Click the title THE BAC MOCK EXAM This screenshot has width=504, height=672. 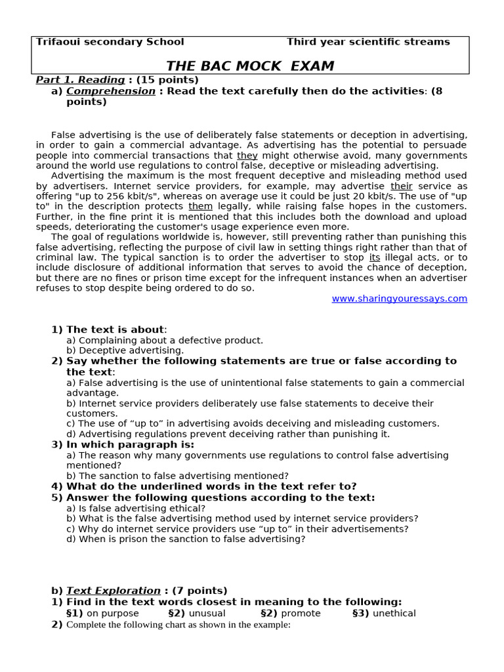click(x=250, y=66)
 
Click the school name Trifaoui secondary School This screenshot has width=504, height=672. click(x=110, y=42)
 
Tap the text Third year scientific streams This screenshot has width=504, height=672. click(x=368, y=42)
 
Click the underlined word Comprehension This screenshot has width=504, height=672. click(x=111, y=91)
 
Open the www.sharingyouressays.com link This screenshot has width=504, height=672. click(x=399, y=299)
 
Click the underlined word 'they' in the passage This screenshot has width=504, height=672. click(x=247, y=156)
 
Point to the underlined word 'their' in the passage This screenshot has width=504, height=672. click(x=401, y=186)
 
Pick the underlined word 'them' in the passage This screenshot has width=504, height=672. click(x=200, y=206)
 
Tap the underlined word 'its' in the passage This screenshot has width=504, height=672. click(x=375, y=257)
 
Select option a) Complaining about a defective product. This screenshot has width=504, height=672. click(x=164, y=340)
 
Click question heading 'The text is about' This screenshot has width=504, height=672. click(x=109, y=329)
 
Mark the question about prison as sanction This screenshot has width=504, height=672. click(x=186, y=539)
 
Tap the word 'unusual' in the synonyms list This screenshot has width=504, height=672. click(x=207, y=613)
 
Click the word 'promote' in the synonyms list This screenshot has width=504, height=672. click(x=301, y=613)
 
